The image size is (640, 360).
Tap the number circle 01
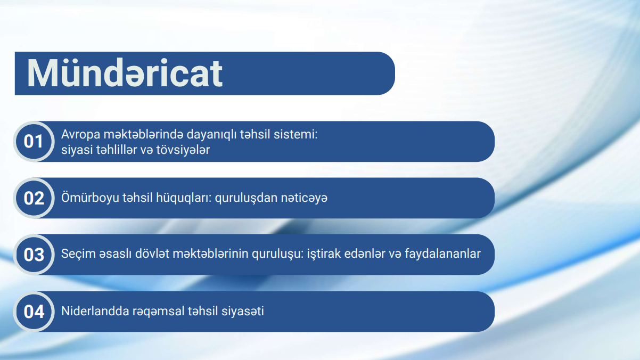(x=34, y=142)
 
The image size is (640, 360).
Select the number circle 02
(x=34, y=198)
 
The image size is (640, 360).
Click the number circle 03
(x=34, y=255)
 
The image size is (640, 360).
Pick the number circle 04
(x=34, y=312)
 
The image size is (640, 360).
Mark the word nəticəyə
(x=304, y=198)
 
